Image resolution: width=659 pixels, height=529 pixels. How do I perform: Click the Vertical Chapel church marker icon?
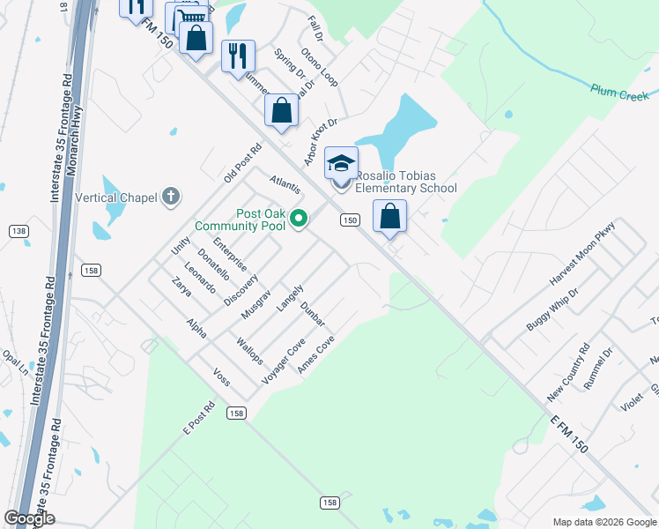click(x=172, y=197)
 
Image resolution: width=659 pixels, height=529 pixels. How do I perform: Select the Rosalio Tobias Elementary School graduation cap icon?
click(x=341, y=163)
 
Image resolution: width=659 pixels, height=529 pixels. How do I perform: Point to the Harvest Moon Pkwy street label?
click(x=582, y=253)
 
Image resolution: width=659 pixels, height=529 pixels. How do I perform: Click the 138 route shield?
click(x=18, y=231)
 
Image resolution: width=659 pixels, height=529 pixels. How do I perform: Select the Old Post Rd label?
click(x=243, y=160)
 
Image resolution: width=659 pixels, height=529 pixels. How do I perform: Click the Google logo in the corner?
click(x=29, y=518)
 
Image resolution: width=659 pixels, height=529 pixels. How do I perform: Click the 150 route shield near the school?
click(x=350, y=220)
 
